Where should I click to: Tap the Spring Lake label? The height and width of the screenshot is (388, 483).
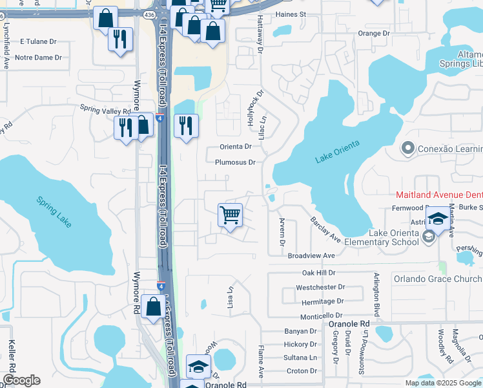54,211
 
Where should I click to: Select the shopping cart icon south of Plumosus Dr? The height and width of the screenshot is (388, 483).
231,215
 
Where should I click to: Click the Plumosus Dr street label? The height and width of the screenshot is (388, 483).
236,162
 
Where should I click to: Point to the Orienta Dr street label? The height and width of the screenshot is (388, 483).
235,147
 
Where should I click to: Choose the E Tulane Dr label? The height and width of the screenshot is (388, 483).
39,41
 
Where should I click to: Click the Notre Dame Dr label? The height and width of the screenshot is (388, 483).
38,57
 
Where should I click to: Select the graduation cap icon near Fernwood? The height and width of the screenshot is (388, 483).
438,219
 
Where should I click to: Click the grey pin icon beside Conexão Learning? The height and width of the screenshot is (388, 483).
407,149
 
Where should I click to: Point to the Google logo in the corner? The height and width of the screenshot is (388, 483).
21,380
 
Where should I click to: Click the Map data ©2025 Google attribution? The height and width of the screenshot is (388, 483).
442,383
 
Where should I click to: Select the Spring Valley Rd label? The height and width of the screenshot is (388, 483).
105,111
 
